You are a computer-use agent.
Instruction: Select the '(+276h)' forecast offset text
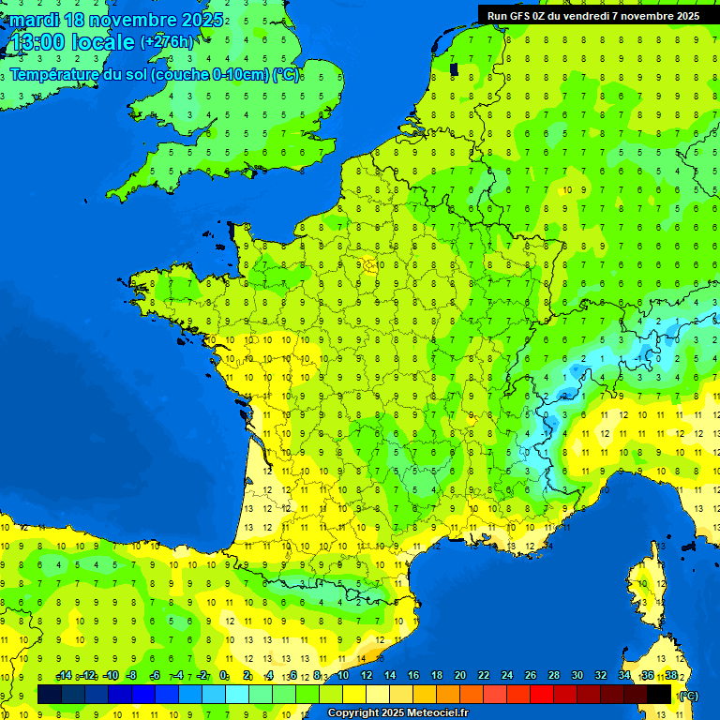(167, 42)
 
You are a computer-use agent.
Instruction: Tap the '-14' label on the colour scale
(64, 676)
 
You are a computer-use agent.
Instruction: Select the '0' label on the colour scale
(224, 676)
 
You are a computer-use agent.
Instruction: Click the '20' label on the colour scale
(459, 676)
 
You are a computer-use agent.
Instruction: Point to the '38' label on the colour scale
(670, 676)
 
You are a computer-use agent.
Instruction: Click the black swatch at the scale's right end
(660, 695)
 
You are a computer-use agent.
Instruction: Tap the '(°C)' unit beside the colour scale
(689, 696)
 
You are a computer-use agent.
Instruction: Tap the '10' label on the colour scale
(342, 676)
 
